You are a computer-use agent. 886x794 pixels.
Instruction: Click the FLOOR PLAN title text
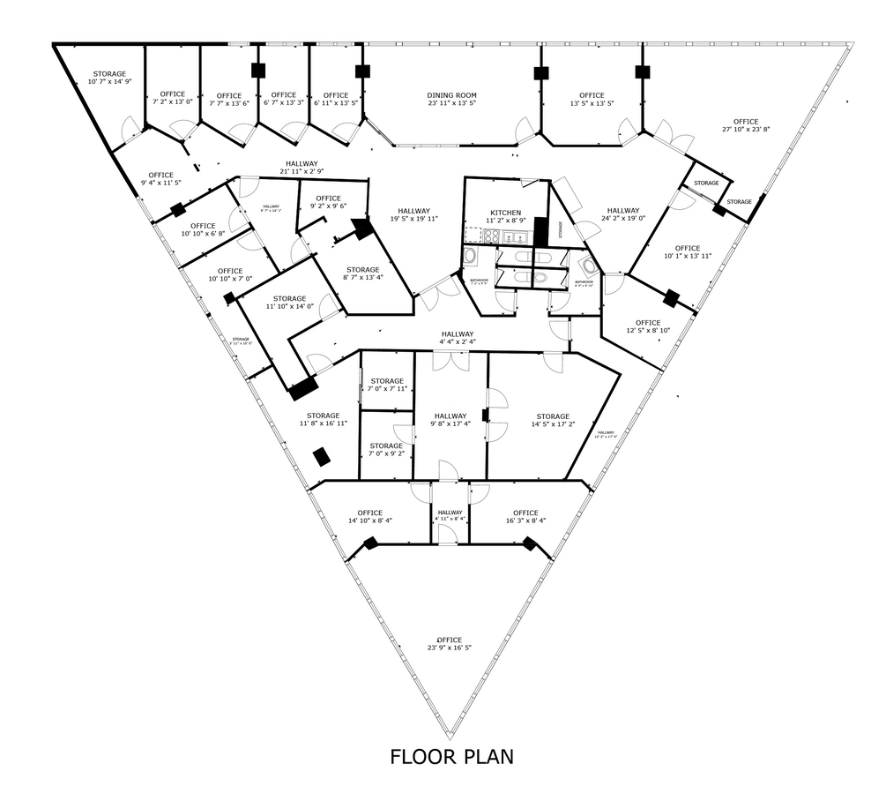tap(451, 756)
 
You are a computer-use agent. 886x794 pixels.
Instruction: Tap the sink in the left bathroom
tap(470, 257)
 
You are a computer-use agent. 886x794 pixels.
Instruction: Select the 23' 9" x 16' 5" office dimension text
tap(449, 644)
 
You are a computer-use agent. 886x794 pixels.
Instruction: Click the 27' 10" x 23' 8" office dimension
tap(745, 125)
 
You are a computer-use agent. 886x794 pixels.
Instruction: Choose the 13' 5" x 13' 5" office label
tap(592, 100)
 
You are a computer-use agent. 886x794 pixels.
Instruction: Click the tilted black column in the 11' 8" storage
tap(323, 456)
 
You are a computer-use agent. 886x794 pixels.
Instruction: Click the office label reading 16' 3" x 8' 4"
tap(525, 517)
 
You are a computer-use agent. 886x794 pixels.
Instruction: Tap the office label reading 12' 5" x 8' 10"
tap(647, 327)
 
